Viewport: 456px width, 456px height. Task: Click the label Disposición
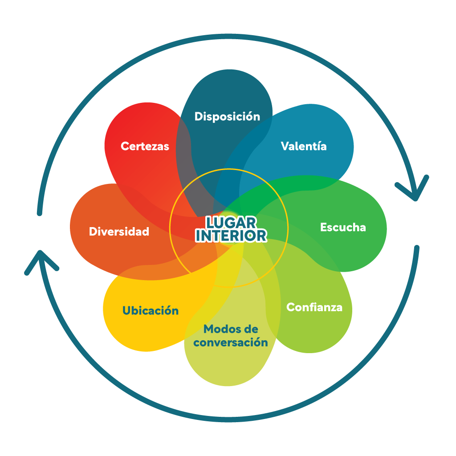[227, 117]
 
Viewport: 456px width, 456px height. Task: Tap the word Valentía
[304, 146]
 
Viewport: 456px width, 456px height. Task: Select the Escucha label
[343, 227]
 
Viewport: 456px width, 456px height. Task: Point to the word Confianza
[314, 307]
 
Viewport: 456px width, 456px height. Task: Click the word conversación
[231, 342]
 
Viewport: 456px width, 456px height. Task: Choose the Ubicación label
[151, 310]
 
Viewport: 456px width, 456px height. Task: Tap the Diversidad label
[119, 232]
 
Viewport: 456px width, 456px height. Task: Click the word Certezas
[145, 146]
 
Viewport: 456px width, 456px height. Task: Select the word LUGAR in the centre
[231, 222]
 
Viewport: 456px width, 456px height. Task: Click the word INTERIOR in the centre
[231, 236]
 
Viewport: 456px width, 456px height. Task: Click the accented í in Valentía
[317, 146]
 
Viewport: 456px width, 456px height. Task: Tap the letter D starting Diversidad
[93, 232]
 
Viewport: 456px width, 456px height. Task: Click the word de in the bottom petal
[251, 330]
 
